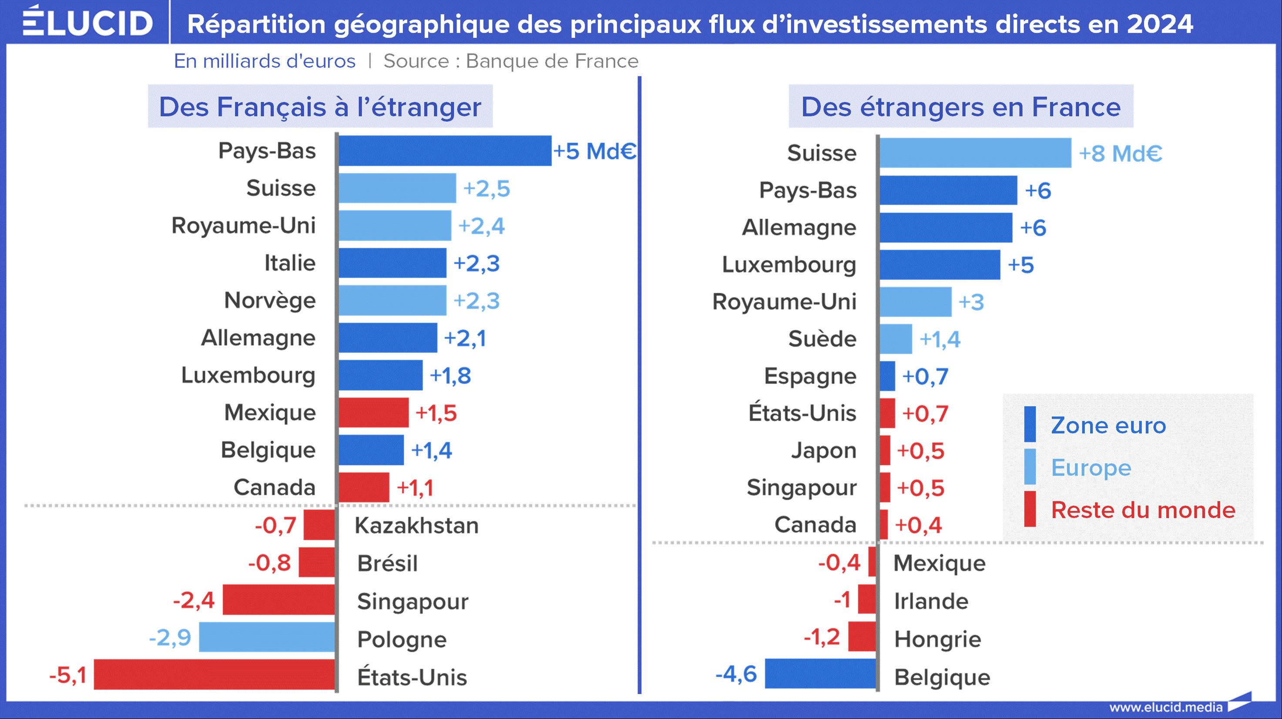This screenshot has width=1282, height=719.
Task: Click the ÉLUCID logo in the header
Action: pos(87,22)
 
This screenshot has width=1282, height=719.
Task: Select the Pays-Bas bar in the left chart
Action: pos(445,150)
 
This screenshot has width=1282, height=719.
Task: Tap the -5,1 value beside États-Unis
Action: pos(68,675)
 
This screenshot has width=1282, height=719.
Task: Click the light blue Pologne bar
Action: pos(267,637)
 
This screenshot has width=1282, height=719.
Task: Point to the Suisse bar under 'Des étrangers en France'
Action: pos(975,153)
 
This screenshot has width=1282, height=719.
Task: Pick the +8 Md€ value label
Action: pos(1120,153)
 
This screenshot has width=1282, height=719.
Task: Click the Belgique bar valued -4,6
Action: pos(820,674)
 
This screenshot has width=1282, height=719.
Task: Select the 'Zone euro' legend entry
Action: pos(1108,425)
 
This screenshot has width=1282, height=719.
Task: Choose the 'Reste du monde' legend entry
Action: pos(1143,510)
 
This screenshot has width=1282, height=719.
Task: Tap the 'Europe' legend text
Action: pos(1091,468)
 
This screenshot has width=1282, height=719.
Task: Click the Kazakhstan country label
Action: pos(416,525)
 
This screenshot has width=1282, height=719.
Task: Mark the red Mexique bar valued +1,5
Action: pos(373,412)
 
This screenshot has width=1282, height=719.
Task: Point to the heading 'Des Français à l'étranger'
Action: pos(320,107)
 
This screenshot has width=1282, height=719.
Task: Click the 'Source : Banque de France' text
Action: pos(510,61)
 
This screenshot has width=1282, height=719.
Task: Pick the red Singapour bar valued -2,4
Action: pos(279,600)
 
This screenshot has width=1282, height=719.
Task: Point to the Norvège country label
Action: pos(270,300)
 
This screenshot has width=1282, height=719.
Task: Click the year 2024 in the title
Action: pos(1160,24)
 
